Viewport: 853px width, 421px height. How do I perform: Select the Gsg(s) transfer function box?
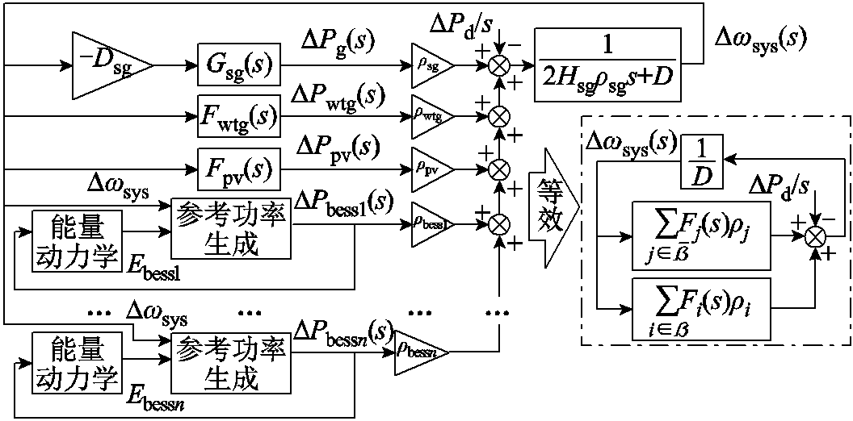(x=238, y=65)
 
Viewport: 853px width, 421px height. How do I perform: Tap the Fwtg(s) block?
(x=238, y=115)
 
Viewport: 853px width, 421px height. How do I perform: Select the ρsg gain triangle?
(x=432, y=65)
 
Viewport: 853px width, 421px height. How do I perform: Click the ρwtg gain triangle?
(x=432, y=115)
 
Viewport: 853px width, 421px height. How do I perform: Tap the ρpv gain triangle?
(x=432, y=168)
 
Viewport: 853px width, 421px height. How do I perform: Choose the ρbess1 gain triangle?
(x=432, y=223)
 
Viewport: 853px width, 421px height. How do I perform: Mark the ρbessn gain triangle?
(x=422, y=352)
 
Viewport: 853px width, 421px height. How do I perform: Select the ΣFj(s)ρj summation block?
(x=700, y=236)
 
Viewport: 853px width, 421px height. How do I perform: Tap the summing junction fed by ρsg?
(x=497, y=65)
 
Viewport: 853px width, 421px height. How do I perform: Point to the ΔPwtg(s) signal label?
(x=338, y=96)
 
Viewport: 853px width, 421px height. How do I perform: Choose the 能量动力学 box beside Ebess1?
(x=76, y=240)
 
